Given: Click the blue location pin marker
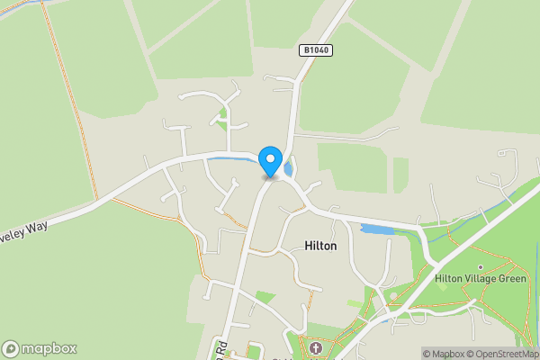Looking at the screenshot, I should [x=269, y=160].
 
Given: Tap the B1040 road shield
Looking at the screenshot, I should [x=316, y=51].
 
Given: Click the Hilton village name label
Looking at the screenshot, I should [x=320, y=245].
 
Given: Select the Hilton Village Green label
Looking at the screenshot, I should [x=480, y=279].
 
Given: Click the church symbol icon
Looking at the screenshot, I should [x=315, y=348].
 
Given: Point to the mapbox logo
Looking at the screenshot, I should [x=40, y=348].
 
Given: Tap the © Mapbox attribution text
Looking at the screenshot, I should [x=443, y=354].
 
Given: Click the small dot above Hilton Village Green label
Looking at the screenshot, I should [x=480, y=267].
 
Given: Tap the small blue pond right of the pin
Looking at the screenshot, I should [x=288, y=168].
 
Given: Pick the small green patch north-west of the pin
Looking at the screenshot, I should [x=222, y=114].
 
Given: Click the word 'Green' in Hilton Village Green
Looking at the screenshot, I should [x=510, y=279].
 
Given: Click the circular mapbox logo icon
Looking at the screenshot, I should [x=11, y=348].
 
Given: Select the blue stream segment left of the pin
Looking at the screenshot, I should [x=236, y=158].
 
